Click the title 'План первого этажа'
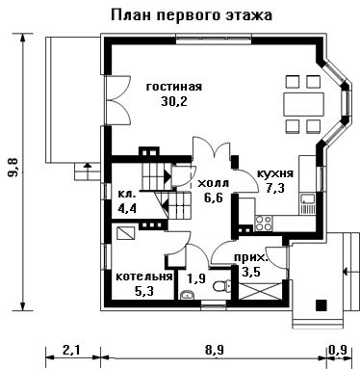point(192,15)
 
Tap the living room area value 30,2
point(174,101)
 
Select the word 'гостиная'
point(174,87)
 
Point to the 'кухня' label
point(275,173)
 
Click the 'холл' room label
point(214,184)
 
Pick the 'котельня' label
point(144,277)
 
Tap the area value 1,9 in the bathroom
point(196,278)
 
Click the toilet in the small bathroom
point(221,285)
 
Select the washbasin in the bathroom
point(187,294)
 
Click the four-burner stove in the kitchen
point(263,223)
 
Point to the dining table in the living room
point(303,104)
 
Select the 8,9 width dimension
point(214,350)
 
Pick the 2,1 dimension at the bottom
point(71,350)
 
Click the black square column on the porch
point(321,305)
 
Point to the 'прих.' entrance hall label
point(250,257)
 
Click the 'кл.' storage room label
point(127,194)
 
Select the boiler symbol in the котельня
point(125,233)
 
